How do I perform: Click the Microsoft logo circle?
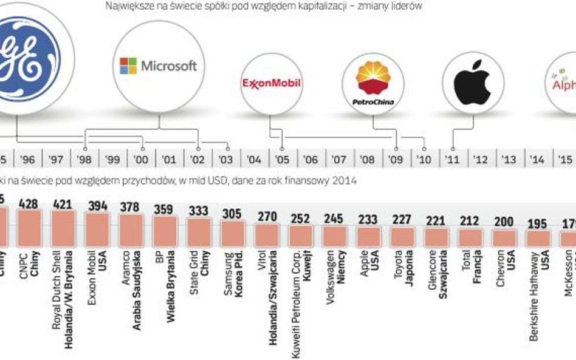[x=159, y=66]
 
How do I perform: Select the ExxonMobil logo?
[x=272, y=83]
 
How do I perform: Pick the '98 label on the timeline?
[x=84, y=160]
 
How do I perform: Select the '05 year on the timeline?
[x=283, y=160]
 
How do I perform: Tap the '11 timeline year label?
[x=452, y=160]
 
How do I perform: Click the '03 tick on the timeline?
[x=226, y=160]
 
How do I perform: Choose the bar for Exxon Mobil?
[x=97, y=228]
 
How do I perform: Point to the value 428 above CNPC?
[x=29, y=203]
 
